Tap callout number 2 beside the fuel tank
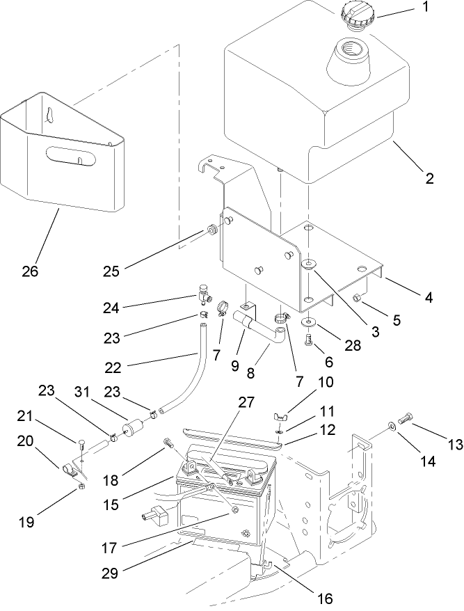(429, 178)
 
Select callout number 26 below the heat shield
(29, 271)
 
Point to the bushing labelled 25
(209, 229)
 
